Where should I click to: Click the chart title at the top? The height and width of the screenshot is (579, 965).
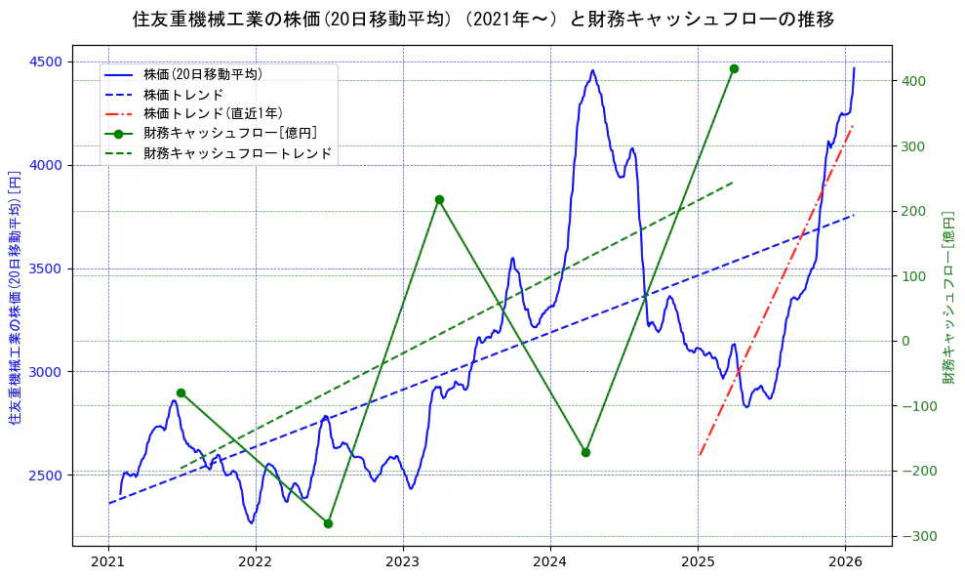(482, 19)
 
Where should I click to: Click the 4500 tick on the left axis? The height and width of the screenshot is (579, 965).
(46, 62)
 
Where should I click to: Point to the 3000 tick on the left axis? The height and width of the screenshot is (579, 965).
(46, 372)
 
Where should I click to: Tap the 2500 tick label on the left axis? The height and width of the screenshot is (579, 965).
(46, 476)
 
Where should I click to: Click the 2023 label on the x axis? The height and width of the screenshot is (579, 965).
(403, 561)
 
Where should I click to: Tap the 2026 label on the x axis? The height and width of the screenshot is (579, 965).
(845, 561)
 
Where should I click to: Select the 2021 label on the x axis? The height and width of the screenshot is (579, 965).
(108, 561)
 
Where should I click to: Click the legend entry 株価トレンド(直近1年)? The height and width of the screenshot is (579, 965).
(213, 113)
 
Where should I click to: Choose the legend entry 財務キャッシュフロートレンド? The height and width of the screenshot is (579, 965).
(237, 153)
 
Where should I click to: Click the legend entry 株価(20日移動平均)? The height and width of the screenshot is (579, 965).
(202, 73)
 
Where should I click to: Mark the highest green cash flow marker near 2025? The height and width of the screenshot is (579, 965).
(734, 68)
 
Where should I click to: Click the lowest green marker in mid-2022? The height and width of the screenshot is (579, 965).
(328, 523)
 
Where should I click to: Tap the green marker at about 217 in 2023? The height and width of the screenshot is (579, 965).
(439, 199)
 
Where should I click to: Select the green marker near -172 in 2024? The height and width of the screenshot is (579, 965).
(585, 452)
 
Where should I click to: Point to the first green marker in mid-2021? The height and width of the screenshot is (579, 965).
(181, 393)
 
